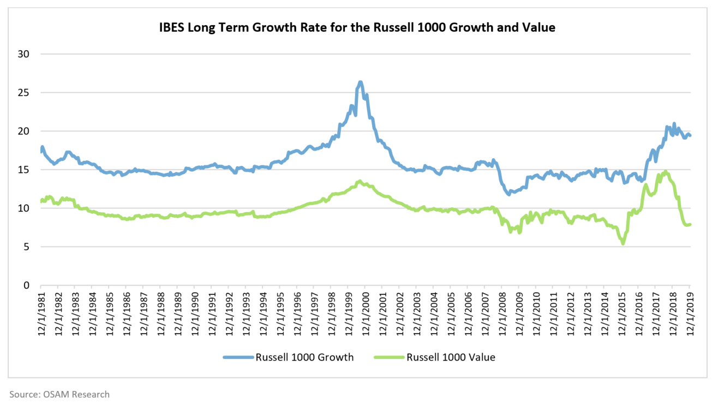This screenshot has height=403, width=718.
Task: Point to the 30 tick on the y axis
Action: (25, 54)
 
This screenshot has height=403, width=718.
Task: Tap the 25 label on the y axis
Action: (25, 93)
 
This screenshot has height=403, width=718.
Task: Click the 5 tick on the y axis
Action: (27, 246)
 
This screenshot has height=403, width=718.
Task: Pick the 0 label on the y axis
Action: (27, 285)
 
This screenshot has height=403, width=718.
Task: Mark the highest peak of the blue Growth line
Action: (360, 82)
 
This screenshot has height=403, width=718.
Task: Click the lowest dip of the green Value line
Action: (623, 243)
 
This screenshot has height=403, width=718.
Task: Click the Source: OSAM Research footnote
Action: (59, 394)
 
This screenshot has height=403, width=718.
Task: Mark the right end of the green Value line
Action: (690, 224)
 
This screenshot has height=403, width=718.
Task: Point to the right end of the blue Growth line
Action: (690, 136)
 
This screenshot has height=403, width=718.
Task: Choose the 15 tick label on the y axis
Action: (25, 170)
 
